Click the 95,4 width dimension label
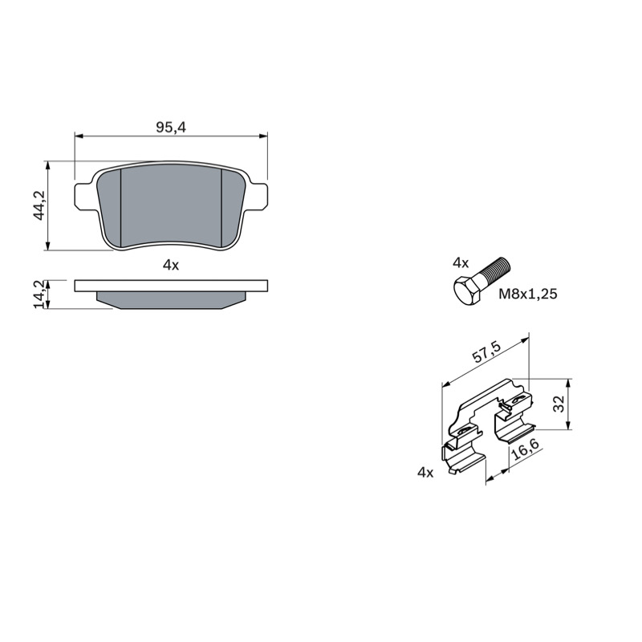[171, 128]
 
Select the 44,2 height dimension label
[40, 205]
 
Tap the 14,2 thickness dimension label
[39, 295]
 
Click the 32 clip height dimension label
[559, 404]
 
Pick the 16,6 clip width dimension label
[526, 450]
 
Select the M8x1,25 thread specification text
[528, 294]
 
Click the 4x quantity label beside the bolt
[461, 263]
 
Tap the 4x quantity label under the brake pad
[171, 266]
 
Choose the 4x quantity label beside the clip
[425, 473]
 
